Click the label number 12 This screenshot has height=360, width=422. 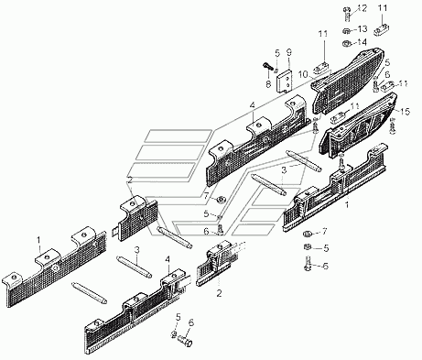(362, 8)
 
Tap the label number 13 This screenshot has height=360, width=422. (362, 29)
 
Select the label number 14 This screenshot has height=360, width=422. (362, 41)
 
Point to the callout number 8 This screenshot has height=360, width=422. (268, 84)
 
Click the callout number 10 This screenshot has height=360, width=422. (304, 74)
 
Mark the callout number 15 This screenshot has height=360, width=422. (406, 112)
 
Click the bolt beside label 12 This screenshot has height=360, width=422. (347, 13)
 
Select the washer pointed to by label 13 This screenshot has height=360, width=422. (346, 31)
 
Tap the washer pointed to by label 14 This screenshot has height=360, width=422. (346, 44)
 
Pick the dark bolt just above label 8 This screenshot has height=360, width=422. (267, 66)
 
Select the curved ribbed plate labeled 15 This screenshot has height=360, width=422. (359, 125)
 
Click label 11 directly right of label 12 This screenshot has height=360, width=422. (383, 8)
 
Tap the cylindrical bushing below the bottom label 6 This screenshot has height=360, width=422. (186, 340)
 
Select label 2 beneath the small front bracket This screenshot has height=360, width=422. (219, 293)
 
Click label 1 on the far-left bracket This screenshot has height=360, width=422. (38, 241)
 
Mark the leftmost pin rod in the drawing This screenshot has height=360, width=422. (89, 293)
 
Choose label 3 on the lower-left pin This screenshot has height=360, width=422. (137, 250)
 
